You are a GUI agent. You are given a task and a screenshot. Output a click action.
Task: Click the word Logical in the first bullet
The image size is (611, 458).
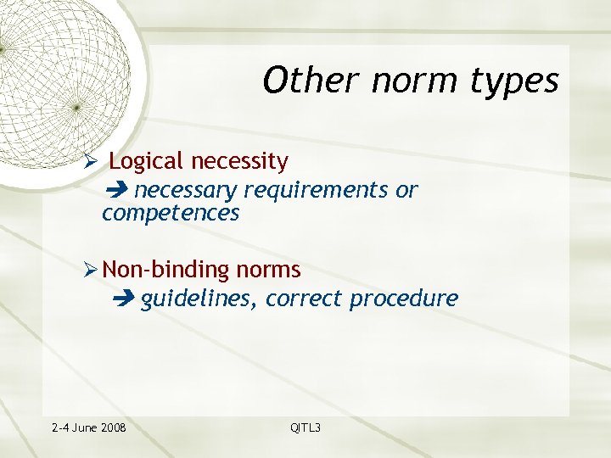[x=148, y=161]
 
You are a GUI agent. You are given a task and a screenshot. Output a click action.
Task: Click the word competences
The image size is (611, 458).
[x=171, y=213]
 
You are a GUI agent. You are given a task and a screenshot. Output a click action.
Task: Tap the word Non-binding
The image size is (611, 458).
[x=166, y=271]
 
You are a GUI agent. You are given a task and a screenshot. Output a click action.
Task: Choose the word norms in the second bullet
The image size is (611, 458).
[x=269, y=271]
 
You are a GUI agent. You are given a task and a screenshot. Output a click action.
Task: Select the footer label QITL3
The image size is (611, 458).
[x=305, y=427]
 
